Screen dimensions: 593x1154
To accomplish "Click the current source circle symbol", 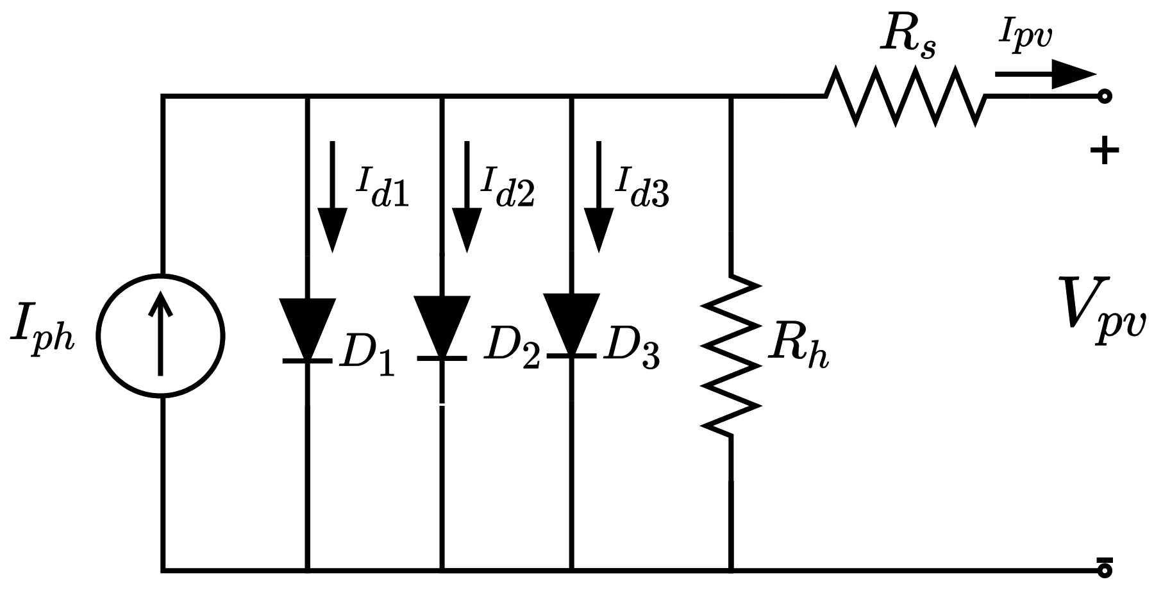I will [x=160, y=336].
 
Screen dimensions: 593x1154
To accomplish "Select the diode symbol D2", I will [x=442, y=328].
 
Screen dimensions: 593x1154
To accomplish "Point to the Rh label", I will [x=799, y=347].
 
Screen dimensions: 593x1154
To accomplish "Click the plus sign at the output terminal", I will [x=1104, y=152].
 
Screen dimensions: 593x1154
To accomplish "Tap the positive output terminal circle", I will [x=1105, y=97].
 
